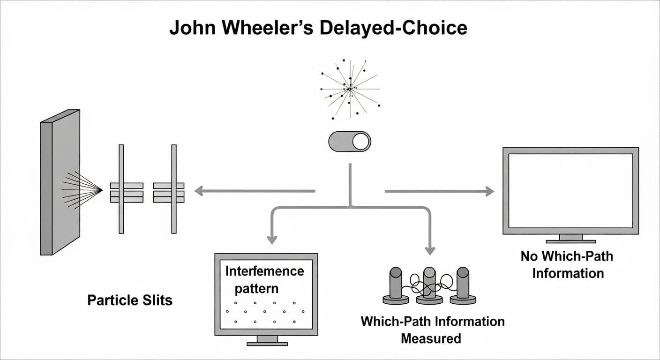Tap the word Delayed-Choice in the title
click(393, 28)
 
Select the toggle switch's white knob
click(361, 141)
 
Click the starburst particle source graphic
click(350, 88)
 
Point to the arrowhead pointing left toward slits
click(199, 191)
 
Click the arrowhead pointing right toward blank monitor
click(489, 191)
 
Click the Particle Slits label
click(130, 300)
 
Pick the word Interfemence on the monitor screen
click(265, 271)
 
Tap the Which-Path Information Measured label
click(432, 330)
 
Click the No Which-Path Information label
click(567, 264)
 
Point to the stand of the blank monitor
click(570, 239)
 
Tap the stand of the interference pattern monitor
click(267, 340)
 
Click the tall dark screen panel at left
click(60, 183)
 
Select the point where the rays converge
click(102, 190)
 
